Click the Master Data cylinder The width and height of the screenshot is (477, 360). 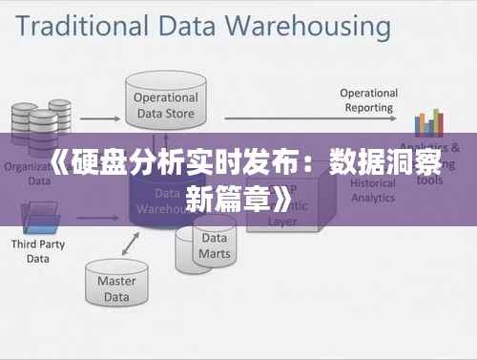coord(116,287)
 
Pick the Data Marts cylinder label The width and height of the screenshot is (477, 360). coord(214,246)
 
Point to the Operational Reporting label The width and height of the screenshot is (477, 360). coord(368,100)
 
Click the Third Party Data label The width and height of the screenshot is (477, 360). coord(31,251)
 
